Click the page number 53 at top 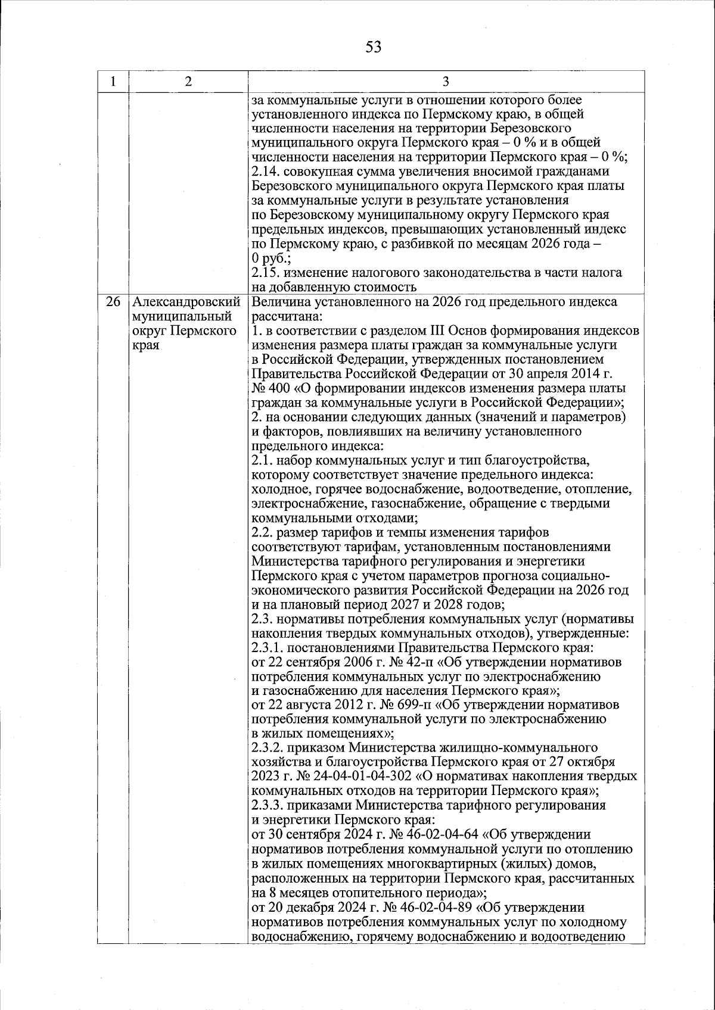(374, 46)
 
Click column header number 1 (113, 82)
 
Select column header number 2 (188, 82)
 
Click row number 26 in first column (113, 303)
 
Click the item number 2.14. (265, 172)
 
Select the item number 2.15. (265, 273)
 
